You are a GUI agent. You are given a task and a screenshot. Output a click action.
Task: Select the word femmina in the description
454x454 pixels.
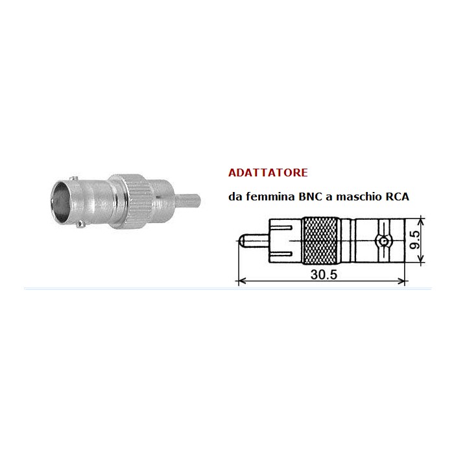266,197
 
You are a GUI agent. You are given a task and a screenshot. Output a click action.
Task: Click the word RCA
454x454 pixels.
396,196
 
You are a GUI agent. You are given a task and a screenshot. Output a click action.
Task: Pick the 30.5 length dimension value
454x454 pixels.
323,274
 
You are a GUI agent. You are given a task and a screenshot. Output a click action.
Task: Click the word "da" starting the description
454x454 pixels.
234,197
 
